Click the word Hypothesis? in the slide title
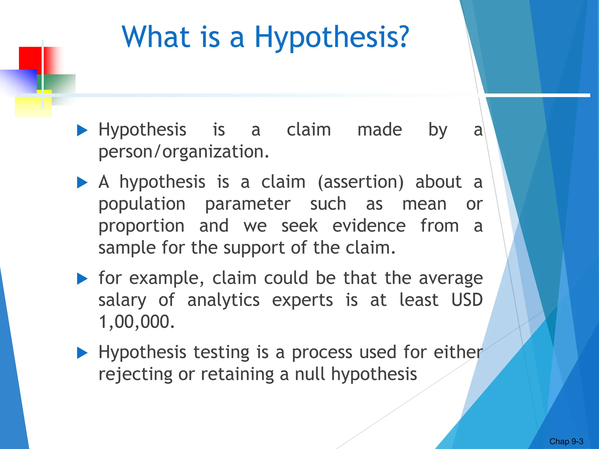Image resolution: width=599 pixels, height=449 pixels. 332,37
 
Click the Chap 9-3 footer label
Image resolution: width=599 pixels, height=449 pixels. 566,441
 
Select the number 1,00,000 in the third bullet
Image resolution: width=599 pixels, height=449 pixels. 136,322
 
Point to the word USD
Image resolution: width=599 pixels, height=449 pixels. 467,300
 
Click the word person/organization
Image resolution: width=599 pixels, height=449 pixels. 183,152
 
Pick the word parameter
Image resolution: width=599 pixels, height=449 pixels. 248,204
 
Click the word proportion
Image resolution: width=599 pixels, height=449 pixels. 142,226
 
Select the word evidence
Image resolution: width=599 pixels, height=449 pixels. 369,226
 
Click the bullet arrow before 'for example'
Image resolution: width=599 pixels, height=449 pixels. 82,279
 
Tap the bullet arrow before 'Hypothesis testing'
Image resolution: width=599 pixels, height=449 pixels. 82,353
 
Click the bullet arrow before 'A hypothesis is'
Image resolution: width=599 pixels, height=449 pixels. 82,183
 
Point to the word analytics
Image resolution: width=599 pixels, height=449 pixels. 223,300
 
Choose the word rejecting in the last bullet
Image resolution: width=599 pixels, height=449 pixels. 135,374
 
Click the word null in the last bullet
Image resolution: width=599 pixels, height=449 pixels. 310,374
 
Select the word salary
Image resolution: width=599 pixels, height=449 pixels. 122,300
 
